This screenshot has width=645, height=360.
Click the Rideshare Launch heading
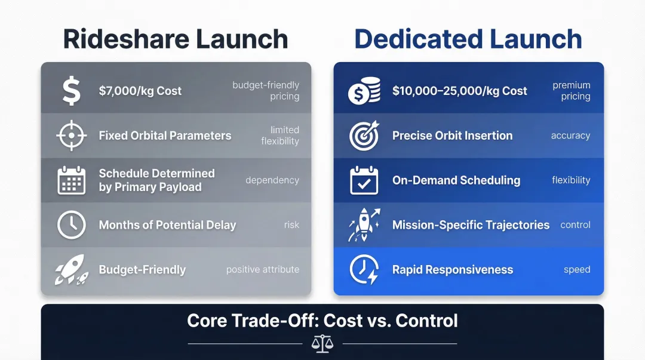click(176, 39)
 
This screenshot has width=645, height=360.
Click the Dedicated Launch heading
click(468, 39)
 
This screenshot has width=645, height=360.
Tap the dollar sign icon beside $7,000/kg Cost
click(71, 91)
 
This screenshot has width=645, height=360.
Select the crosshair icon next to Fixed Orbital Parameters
click(71, 136)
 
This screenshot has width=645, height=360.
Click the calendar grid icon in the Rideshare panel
click(71, 180)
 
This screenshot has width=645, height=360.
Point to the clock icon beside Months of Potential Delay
click(71, 225)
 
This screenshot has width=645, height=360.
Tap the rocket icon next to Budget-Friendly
click(71, 270)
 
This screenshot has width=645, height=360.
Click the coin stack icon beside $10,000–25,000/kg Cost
click(364, 91)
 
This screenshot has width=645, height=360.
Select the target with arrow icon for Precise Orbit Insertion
click(364, 136)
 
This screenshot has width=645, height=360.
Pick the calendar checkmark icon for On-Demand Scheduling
click(364, 180)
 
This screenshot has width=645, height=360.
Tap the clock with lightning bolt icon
click(364, 270)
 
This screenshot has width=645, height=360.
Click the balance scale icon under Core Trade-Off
click(322, 343)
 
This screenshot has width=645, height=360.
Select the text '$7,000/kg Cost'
click(140, 91)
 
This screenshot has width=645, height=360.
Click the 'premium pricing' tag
click(571, 91)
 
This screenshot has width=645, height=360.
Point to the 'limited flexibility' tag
click(280, 136)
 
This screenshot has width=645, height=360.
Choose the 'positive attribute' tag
click(262, 270)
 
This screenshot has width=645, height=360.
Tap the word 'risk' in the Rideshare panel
click(291, 225)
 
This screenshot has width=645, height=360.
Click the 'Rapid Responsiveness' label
click(453, 270)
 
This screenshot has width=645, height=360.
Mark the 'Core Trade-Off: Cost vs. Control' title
click(322, 321)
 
